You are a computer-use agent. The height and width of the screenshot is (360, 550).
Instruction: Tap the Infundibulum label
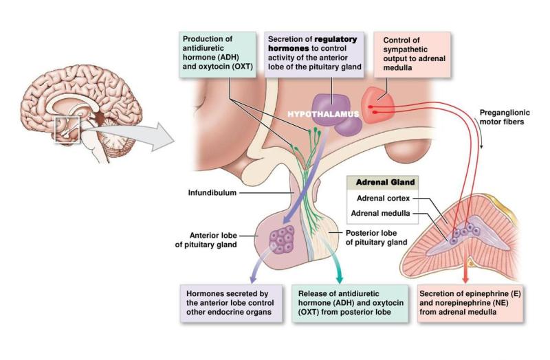pyautogui.click(x=212, y=193)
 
